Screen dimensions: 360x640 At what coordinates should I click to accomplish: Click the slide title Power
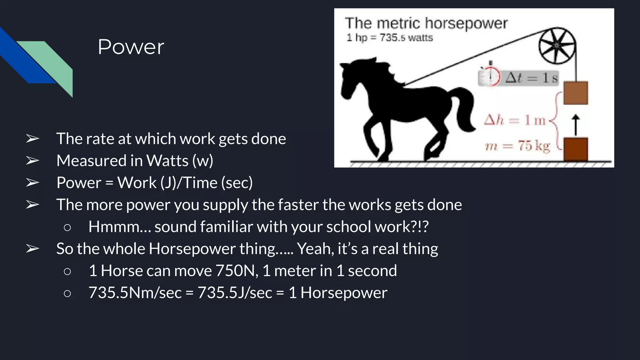[131, 47]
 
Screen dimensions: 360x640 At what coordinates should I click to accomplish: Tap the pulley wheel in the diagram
[557, 46]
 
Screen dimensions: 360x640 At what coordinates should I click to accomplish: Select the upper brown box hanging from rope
[576, 93]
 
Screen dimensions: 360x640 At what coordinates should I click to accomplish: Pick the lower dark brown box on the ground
[576, 149]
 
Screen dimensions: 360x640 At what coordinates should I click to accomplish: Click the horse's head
[353, 78]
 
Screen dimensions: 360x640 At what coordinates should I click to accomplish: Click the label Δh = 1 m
[514, 120]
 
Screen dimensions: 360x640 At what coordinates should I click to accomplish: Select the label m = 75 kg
[517, 146]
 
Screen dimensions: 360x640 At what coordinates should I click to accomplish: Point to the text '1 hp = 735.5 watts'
[389, 38]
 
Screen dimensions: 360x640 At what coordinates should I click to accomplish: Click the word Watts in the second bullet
[167, 161]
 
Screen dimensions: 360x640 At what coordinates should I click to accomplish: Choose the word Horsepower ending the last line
[344, 293]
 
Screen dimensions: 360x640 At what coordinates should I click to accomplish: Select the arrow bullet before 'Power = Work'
[32, 182]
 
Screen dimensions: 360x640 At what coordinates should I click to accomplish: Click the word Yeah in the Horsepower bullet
[315, 249]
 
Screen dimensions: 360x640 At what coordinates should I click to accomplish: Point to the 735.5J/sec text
[235, 293]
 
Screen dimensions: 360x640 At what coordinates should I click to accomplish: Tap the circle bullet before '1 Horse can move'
[67, 271]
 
